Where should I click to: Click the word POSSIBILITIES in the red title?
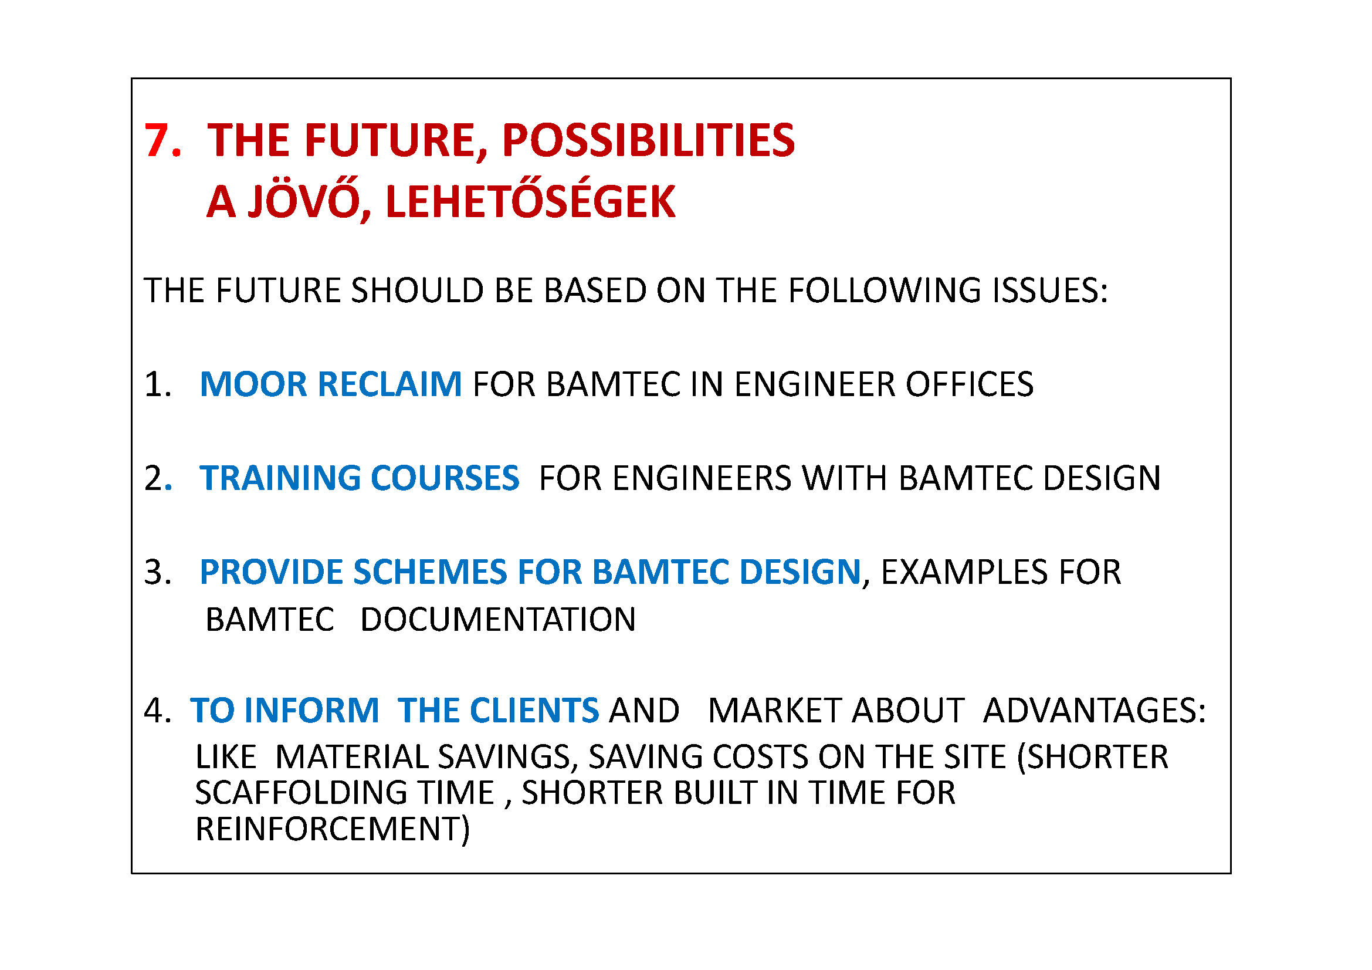coord(648,140)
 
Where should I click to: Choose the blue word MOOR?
coord(253,384)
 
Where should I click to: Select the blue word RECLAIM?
coord(389,384)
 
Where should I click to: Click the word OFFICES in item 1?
coord(969,384)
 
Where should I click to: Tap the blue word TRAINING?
coord(280,478)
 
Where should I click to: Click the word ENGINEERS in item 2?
coord(702,478)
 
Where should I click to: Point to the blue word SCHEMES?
coord(429,572)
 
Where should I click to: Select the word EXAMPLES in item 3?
coord(964,572)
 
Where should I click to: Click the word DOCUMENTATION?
coord(498,619)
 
